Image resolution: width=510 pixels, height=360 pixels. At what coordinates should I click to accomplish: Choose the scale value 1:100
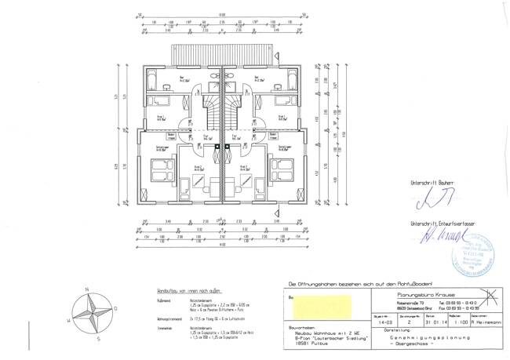pyautogui.click(x=442, y=320)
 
